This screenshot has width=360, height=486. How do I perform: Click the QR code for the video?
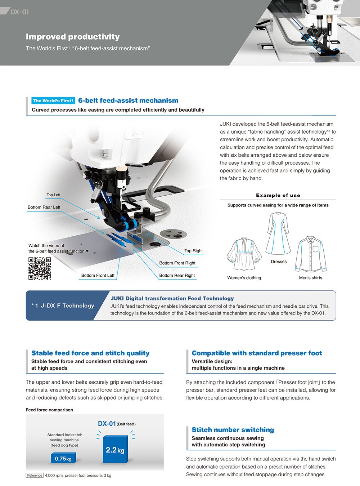[x=40, y=268]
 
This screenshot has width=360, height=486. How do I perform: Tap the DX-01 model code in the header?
[x=19, y=12]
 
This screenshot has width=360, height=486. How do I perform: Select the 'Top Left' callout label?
[x=53, y=195]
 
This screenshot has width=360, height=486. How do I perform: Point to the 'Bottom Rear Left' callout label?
[x=44, y=207]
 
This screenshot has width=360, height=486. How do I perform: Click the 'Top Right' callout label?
[x=193, y=251]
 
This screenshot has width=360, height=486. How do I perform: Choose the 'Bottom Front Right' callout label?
[x=177, y=263]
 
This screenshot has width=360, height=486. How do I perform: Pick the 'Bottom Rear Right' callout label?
[x=177, y=276]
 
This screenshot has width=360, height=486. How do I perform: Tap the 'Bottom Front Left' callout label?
[x=98, y=276]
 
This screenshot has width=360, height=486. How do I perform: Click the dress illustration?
[x=278, y=234]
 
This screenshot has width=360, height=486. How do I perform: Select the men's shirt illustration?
[x=311, y=254]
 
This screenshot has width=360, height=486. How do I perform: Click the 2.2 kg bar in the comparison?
[x=115, y=449]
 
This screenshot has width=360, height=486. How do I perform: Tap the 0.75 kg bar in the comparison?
[x=63, y=458]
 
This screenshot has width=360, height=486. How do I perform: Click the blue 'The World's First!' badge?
[x=53, y=101]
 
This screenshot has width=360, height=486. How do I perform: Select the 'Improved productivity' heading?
[x=73, y=37]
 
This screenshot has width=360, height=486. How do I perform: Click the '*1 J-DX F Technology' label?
[x=63, y=306]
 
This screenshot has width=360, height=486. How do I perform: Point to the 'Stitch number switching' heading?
[x=233, y=430]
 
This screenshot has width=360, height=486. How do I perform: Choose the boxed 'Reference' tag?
[x=35, y=476]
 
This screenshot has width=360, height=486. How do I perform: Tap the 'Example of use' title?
[x=278, y=195]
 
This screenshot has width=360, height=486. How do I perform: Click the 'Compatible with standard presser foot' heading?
[x=257, y=353]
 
